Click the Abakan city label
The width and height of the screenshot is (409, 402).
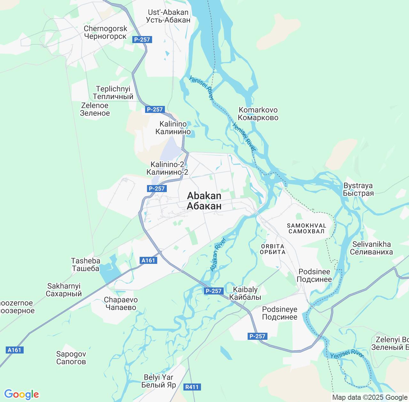[204, 201]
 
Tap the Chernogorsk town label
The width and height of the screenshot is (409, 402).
[105, 33]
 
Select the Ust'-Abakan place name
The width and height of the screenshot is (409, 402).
[168, 16]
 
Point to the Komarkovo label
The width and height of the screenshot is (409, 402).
[258, 114]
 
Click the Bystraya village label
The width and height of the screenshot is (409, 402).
[358, 189]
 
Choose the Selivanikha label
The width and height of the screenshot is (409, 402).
[371, 248]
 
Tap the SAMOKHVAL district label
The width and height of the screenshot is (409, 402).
[306, 228]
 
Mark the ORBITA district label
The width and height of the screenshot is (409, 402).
[273, 249]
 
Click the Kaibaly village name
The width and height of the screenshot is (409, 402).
[245, 293]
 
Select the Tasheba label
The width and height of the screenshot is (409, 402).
[86, 264]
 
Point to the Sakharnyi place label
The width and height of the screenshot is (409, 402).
[64, 290]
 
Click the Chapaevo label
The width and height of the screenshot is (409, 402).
[121, 304]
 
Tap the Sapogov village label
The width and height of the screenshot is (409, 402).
[71, 358]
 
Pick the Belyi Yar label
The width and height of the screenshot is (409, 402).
[158, 381]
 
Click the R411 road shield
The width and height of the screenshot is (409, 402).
[192, 387]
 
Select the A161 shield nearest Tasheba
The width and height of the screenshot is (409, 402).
[148, 260]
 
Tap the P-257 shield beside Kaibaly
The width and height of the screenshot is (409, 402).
[213, 291]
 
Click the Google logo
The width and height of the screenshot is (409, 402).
[21, 394]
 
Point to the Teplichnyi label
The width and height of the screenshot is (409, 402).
[113, 93]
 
